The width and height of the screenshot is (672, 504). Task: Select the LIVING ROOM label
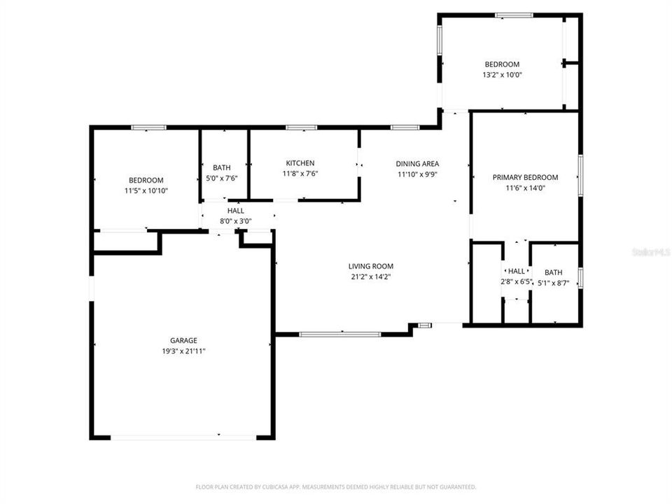(371, 266)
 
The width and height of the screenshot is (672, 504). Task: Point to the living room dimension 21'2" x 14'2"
(371, 276)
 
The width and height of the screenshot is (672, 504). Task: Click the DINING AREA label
(418, 164)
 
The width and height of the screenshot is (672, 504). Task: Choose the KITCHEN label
(299, 163)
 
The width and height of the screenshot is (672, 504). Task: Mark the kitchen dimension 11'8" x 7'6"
(299, 174)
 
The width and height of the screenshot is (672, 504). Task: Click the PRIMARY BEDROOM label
(525, 177)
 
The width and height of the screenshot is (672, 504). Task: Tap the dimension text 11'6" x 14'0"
(525, 188)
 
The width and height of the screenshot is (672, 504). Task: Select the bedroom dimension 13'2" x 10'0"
(502, 75)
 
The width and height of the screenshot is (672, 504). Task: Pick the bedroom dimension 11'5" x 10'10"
(146, 190)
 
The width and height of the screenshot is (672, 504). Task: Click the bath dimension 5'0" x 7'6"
(222, 178)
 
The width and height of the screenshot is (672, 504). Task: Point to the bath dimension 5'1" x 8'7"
(554, 283)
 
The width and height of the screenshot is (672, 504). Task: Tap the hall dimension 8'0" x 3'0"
(236, 221)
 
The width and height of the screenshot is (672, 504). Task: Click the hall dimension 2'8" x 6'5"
(517, 282)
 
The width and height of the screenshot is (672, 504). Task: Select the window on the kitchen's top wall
(301, 127)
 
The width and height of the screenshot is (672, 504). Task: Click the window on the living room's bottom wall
(340, 334)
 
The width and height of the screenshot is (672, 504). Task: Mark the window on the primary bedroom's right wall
(580, 175)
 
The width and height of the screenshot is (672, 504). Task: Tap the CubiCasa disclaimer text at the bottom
(336, 486)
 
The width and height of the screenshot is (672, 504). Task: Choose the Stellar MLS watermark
(650, 250)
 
